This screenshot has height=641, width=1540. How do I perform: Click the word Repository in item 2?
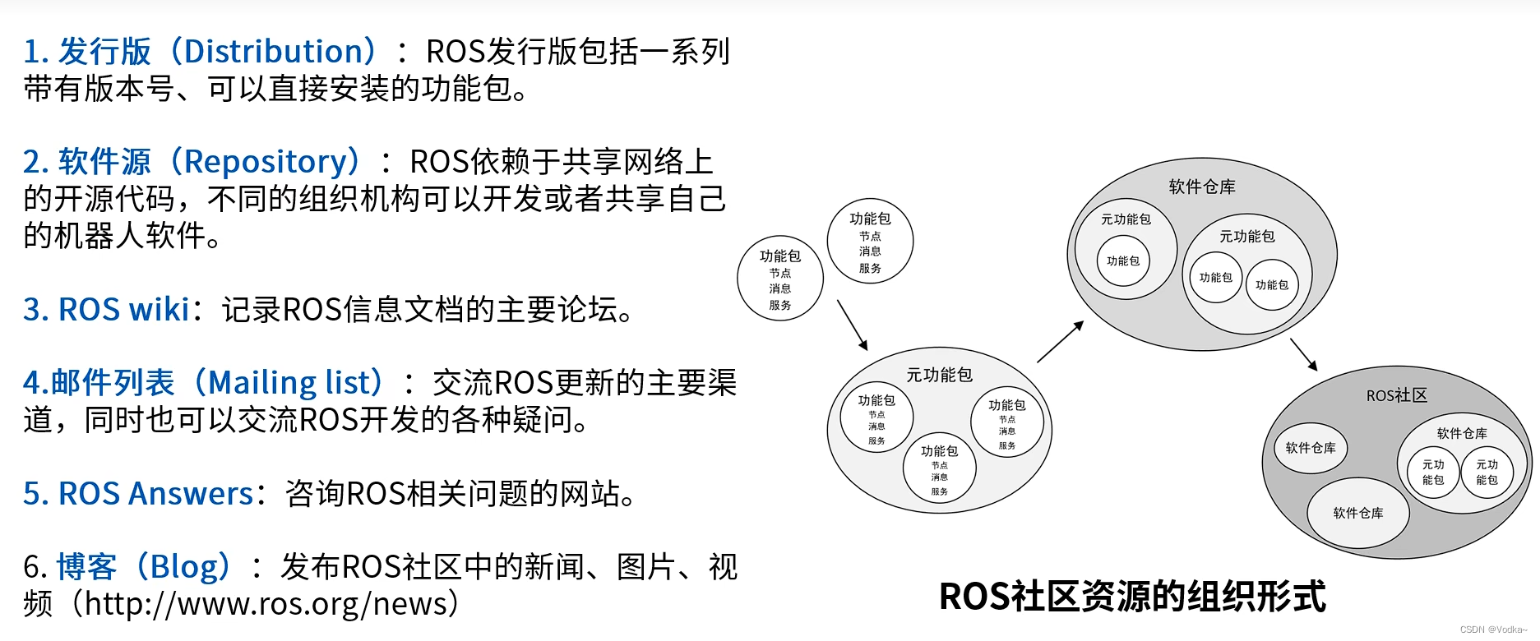[x=265, y=162]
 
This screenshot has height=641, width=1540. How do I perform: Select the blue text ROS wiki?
[x=123, y=310]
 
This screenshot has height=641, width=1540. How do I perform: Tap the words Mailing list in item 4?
[x=295, y=383]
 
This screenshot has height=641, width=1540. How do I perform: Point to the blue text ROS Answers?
[x=155, y=494]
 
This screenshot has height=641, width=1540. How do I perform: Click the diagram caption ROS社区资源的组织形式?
[x=1132, y=597]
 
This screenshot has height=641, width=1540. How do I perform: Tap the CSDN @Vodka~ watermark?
[x=1493, y=629]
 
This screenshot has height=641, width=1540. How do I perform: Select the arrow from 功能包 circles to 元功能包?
[x=852, y=324]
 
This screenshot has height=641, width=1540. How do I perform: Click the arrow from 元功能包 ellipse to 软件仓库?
[x=1060, y=341]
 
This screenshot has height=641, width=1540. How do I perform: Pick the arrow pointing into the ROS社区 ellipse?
[x=1304, y=354]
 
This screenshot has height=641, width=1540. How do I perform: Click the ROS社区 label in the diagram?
[x=1396, y=395]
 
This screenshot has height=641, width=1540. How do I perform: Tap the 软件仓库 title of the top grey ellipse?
[x=1201, y=187]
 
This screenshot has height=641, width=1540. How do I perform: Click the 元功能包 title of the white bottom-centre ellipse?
[x=939, y=376]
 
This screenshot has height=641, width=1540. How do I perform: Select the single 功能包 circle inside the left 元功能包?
[x=1122, y=261]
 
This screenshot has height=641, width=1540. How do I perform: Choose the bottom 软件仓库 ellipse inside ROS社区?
[x=1357, y=513]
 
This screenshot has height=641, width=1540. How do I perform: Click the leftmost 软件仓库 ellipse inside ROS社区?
[x=1310, y=448]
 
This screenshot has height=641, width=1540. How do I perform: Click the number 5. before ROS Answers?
[x=36, y=494]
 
